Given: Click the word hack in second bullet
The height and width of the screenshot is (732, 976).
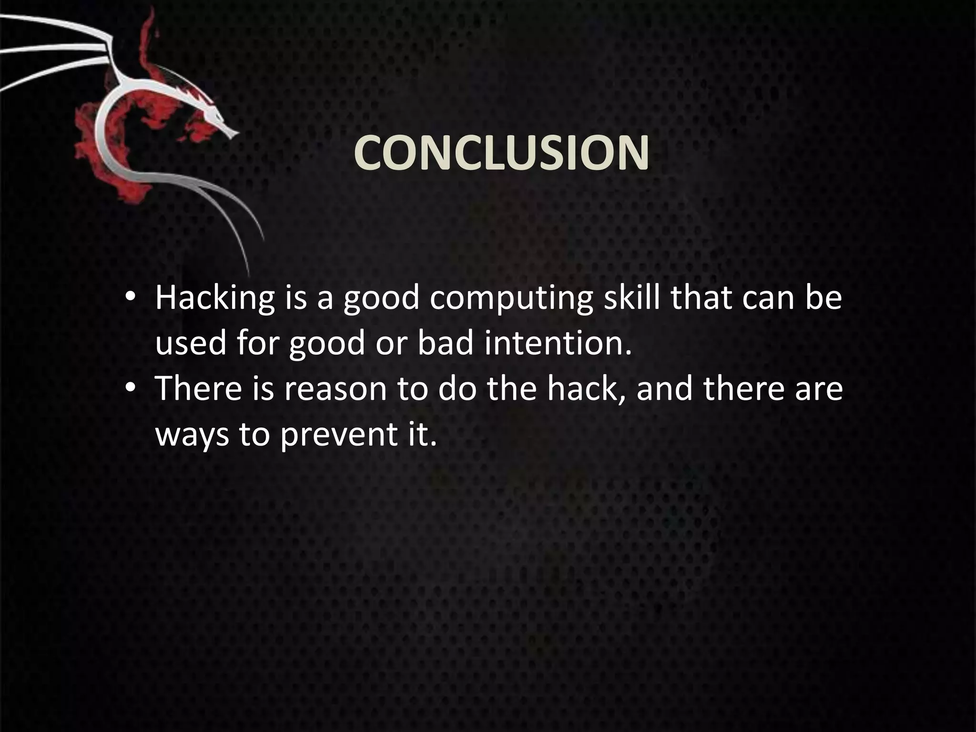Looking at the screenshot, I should point(585,388).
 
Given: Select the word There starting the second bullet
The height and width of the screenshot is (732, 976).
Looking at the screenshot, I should point(198,388).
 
